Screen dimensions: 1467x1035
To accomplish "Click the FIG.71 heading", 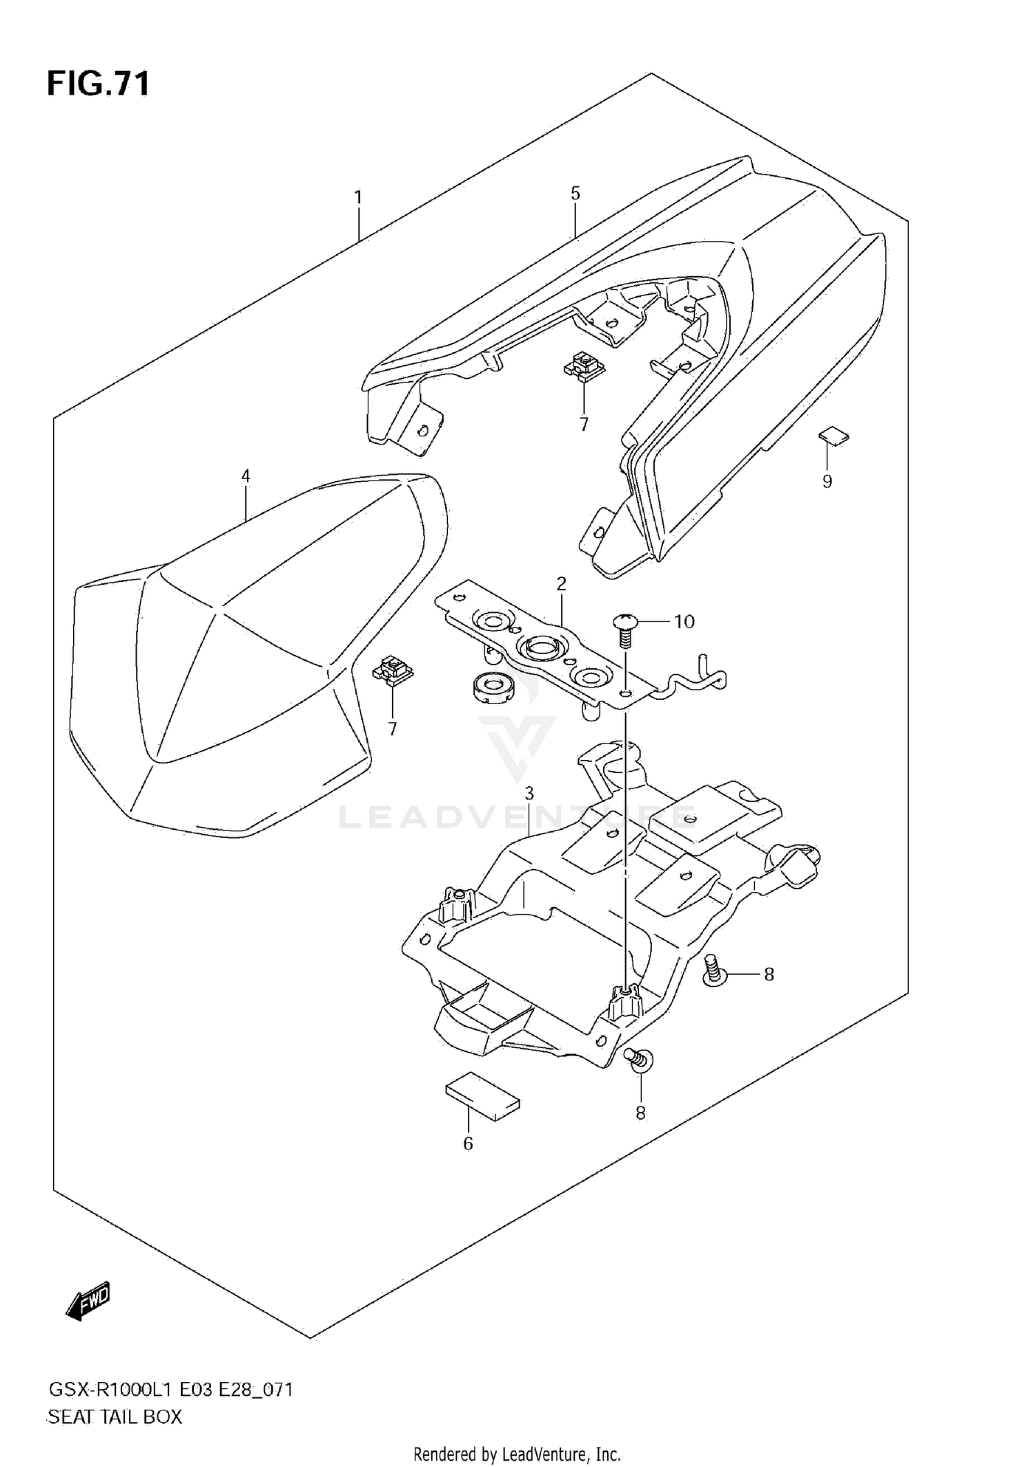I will click(x=98, y=84).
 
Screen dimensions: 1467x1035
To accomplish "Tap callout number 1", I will click(x=358, y=197).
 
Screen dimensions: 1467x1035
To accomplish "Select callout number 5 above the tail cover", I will click(x=575, y=193).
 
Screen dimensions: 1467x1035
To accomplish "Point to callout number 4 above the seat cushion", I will click(x=246, y=476).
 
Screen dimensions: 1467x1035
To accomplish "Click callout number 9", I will click(x=827, y=481).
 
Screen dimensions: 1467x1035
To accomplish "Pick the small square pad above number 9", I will click(x=834, y=436).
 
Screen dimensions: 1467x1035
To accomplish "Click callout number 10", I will click(x=684, y=621).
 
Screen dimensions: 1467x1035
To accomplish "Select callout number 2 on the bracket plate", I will click(x=561, y=584).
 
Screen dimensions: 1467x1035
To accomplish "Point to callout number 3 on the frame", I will click(x=529, y=793).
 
